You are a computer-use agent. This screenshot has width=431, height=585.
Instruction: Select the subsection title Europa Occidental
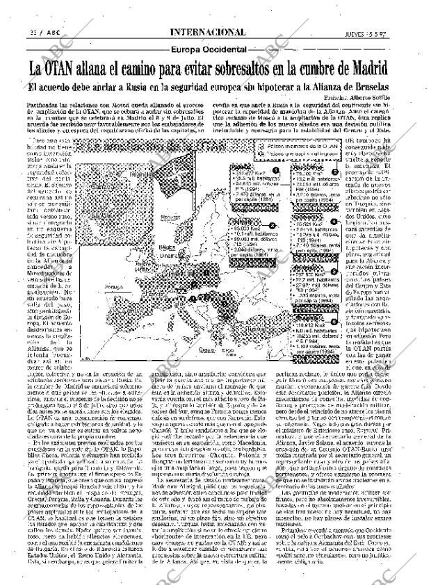[209, 49]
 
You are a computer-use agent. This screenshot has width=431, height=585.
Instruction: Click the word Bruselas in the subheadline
[393, 89]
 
